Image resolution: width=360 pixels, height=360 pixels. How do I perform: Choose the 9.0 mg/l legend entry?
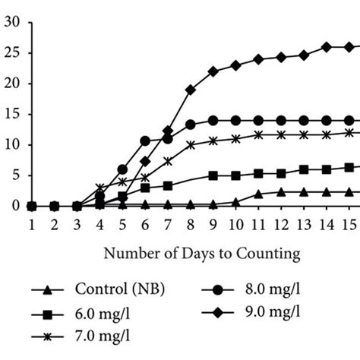click(x=263, y=311)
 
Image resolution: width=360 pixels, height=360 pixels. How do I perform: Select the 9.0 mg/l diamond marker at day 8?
click(x=190, y=90)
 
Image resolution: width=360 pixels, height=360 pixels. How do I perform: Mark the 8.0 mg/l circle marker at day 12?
click(x=281, y=120)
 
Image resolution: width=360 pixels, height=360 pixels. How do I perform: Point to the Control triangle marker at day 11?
click(x=258, y=194)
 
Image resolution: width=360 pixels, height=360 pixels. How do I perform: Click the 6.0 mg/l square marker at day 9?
click(x=213, y=175)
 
